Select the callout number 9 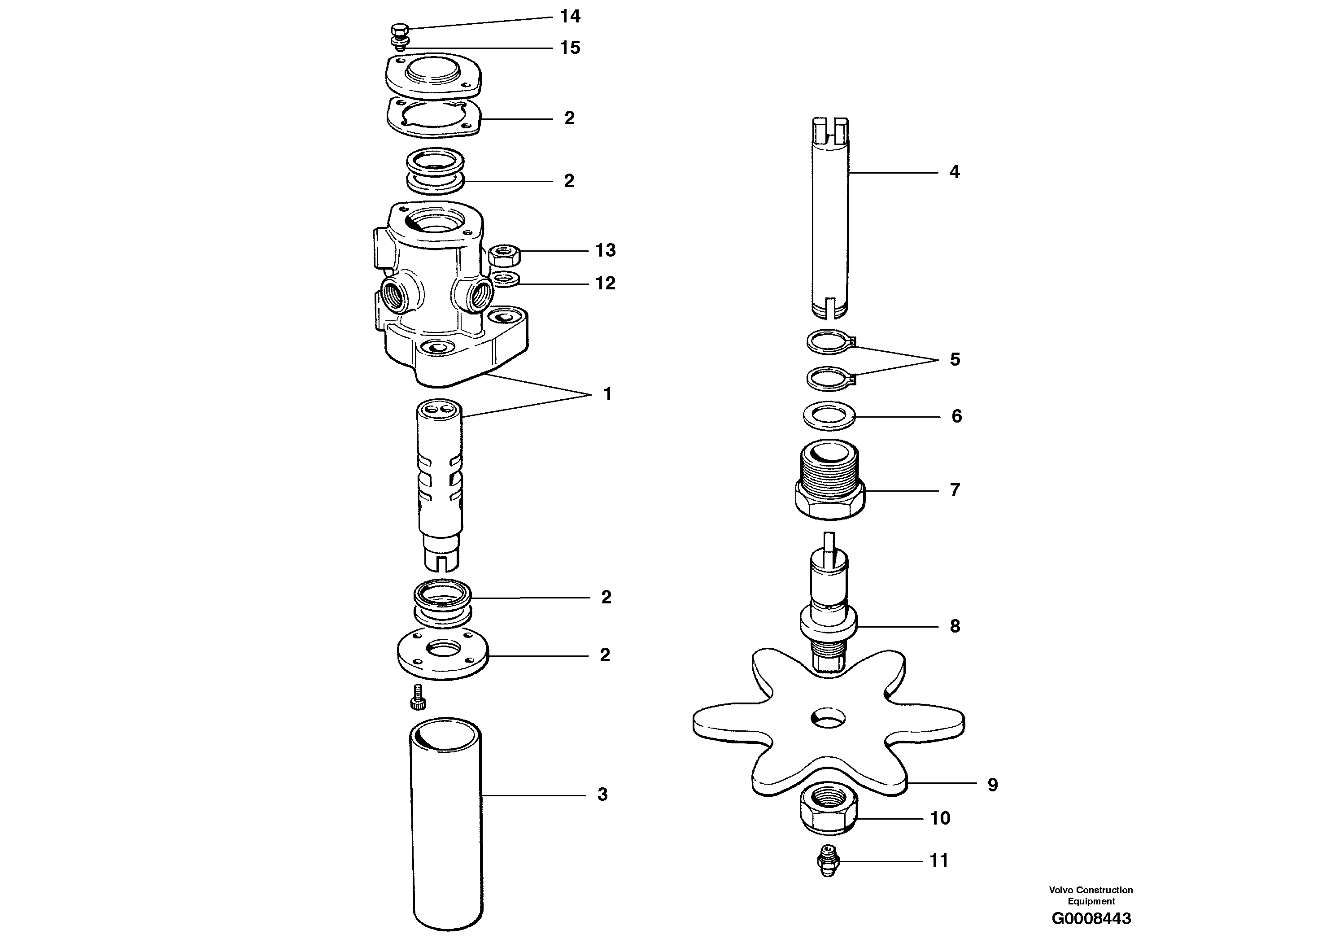point(993,785)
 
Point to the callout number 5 point(955,359)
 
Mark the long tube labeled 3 point(446,825)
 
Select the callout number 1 point(607,394)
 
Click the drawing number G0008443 point(1091,919)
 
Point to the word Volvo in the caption point(1061,890)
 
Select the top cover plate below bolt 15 point(433,76)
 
